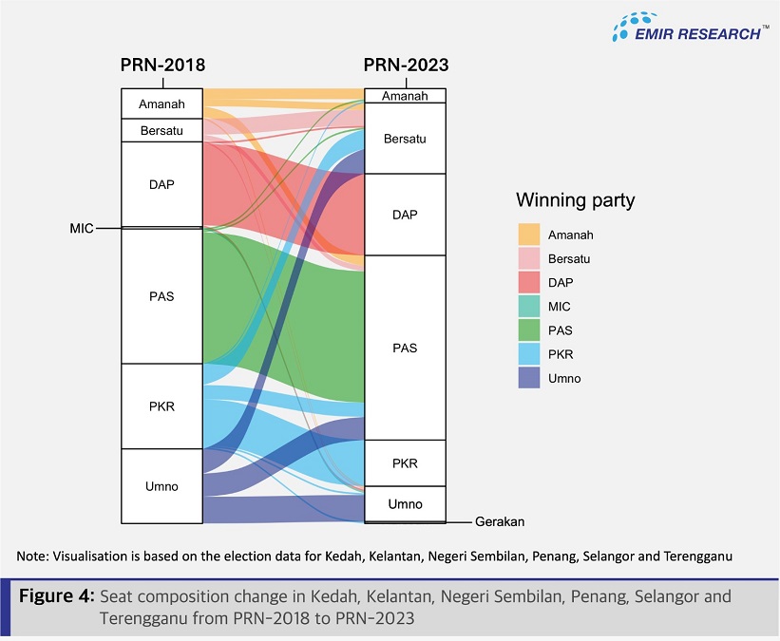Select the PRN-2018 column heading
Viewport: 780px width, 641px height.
coord(162,66)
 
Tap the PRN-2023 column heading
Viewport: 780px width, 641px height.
coord(406,66)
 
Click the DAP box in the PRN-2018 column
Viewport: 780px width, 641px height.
coord(162,184)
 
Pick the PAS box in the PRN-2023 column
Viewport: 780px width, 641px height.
coord(405,348)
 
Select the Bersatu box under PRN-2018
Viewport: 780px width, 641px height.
coord(162,130)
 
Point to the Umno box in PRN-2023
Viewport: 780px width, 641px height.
coord(405,503)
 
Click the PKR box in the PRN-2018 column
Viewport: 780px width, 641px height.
coord(162,406)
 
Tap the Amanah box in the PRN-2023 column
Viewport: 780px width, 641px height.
coord(405,96)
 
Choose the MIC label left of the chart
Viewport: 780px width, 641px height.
coord(82,229)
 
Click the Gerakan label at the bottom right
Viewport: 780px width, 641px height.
coord(500,521)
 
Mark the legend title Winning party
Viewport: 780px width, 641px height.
coord(575,200)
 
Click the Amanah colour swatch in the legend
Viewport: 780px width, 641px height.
coord(529,235)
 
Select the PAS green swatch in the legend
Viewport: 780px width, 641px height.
coord(529,330)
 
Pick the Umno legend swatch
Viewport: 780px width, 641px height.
coord(529,378)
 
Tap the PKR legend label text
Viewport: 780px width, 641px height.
coord(561,354)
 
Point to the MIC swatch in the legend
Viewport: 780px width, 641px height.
coord(529,307)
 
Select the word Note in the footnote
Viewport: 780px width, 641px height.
coord(32,555)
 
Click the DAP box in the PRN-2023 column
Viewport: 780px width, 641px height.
coord(405,215)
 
